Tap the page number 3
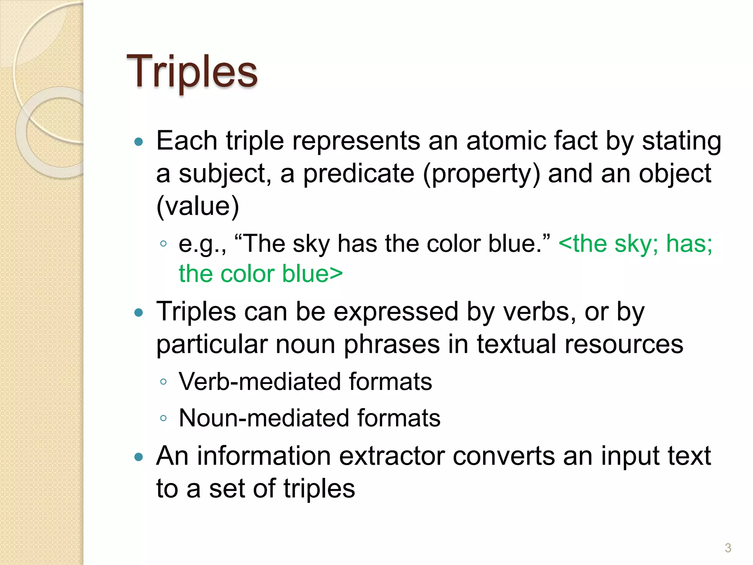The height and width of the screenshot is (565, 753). coord(728,548)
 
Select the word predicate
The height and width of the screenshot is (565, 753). coord(358,174)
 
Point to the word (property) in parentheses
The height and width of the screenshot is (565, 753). coord(481,174)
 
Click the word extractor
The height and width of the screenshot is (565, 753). coord(392,456)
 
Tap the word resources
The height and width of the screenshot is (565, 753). coord(624,344)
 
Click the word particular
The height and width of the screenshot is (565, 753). coord(212,344)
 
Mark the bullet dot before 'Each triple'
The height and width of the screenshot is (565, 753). coord(139,142)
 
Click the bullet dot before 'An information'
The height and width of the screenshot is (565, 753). coord(139,457)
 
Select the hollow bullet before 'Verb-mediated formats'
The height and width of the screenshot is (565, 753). coord(164,382)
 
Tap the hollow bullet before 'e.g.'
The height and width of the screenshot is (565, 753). coord(164,244)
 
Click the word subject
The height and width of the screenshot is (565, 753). coord(225,174)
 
